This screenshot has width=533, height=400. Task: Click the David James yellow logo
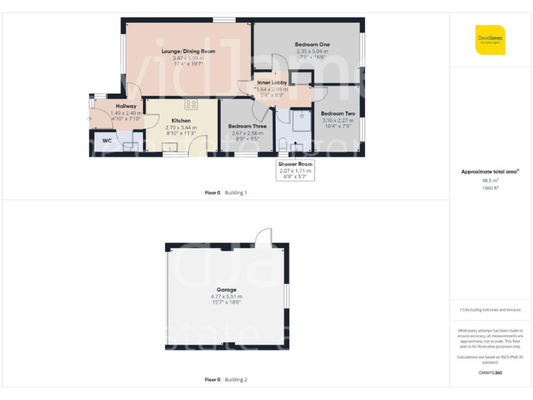pos(490,40)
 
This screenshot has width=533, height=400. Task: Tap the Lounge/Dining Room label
pos(188,51)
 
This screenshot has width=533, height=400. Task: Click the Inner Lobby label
pos(272,83)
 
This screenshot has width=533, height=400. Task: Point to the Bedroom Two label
pos(338,113)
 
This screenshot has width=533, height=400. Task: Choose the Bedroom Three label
pos(248,126)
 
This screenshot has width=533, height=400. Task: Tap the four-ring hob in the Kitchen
pos(191,104)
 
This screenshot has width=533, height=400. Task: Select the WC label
pos(107,140)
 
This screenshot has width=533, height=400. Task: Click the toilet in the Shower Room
pos(282,144)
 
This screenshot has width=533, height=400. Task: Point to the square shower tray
pos(302,121)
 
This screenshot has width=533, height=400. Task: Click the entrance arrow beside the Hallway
pos(90,119)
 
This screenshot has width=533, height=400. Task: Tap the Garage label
pos(226,290)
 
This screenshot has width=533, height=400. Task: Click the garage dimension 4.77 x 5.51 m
pos(226,297)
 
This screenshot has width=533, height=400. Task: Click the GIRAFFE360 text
pos(490,373)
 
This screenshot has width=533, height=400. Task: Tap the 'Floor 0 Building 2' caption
pos(226,380)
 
